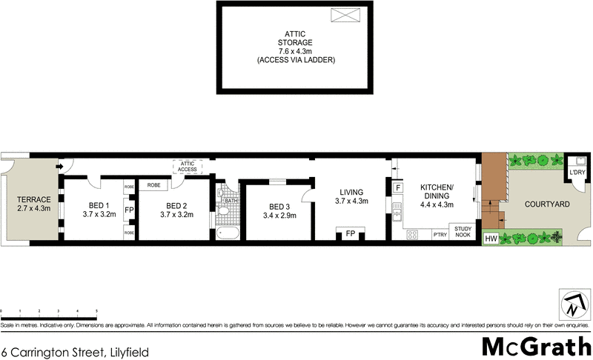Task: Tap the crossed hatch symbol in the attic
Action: [x=344, y=16]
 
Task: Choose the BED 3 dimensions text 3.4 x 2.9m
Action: [x=279, y=216]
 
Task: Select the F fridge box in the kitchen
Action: [x=399, y=187]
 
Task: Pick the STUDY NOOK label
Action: [x=462, y=231]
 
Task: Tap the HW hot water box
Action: [x=490, y=239]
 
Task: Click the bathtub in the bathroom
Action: [x=228, y=233]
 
